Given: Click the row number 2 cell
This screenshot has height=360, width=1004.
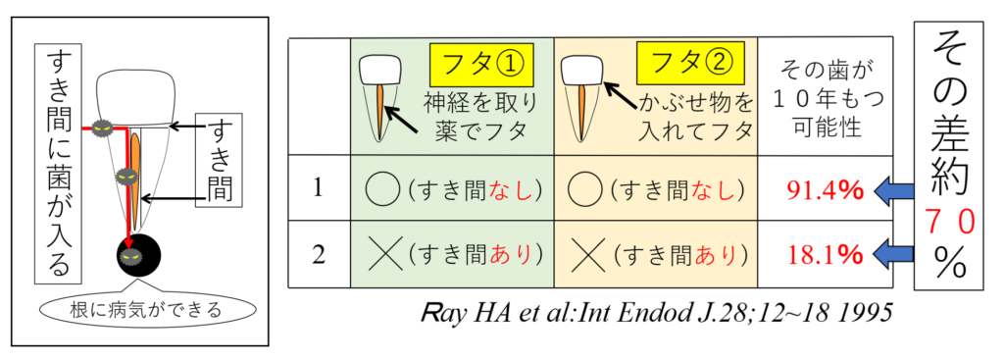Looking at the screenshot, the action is (x=319, y=254).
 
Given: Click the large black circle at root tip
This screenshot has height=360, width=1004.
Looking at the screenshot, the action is (x=138, y=255).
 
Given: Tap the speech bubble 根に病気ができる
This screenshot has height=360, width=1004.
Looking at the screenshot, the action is (x=147, y=310).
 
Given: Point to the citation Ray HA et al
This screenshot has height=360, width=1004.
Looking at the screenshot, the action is (x=656, y=313).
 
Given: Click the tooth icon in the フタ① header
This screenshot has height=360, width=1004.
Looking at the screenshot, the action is (x=379, y=97).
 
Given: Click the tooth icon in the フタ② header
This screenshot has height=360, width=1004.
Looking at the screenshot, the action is (x=582, y=97).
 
